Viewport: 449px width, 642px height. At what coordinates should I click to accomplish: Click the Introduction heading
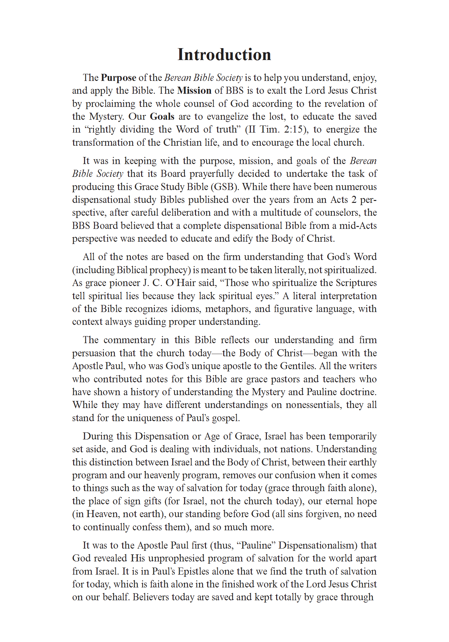[224, 55]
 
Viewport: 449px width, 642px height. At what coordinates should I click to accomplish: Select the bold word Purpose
[119, 78]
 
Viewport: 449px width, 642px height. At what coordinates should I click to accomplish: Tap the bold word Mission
[194, 91]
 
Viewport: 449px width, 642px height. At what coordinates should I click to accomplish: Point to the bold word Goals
[162, 117]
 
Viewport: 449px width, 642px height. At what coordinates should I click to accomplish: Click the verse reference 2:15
[293, 129]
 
